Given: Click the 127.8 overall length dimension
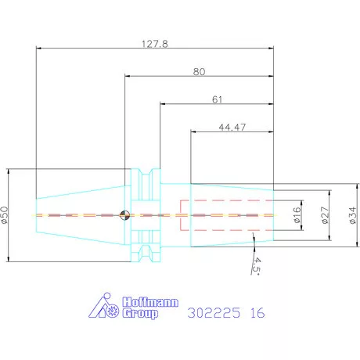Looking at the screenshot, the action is coord(155,44).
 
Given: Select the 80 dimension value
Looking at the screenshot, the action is coord(199,72).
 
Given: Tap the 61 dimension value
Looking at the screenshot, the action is coord(217,99).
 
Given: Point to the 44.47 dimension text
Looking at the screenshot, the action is coord(232,128).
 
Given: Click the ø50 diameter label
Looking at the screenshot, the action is coord(5,215).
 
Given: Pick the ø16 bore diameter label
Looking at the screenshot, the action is coord(297,215).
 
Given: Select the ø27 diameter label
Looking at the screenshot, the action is coord(325,215).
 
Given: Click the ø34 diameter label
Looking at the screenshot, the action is coord(353,215).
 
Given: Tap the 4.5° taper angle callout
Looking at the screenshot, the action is coord(256,266).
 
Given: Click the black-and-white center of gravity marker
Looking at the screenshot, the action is coord(124,215).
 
